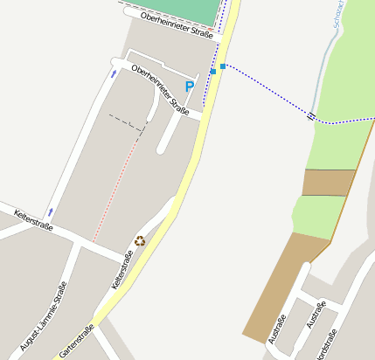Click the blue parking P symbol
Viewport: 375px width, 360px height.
click(189, 87)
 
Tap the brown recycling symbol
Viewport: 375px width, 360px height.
click(140, 240)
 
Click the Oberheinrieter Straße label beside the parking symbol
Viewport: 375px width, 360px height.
click(160, 89)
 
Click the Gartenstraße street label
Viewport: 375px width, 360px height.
click(76, 342)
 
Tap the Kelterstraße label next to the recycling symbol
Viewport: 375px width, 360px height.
click(122, 271)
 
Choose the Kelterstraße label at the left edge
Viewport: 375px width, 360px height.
click(33, 219)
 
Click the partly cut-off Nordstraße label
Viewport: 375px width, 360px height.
click(325, 344)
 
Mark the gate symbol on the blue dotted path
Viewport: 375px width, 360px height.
click(311, 114)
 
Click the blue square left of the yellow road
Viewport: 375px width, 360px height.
click(212, 72)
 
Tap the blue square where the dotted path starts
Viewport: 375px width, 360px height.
click(223, 66)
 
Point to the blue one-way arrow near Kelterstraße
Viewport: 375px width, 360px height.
click(51, 211)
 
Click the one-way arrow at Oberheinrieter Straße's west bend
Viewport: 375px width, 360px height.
click(113, 74)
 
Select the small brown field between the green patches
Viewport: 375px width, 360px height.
click(329, 182)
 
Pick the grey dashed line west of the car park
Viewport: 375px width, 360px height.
click(127, 122)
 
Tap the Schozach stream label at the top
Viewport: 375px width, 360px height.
click(337, 17)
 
